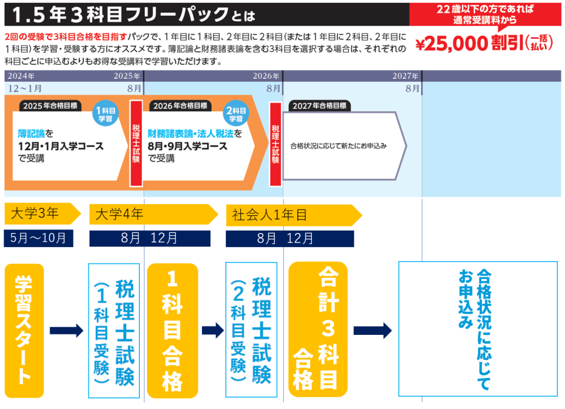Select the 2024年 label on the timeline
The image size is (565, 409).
click(x=21, y=77)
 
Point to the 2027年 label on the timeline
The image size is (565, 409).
click(x=406, y=77)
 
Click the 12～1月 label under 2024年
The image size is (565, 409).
click(x=25, y=88)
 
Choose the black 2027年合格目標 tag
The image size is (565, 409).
click(x=319, y=106)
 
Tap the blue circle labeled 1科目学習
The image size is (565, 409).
click(x=106, y=113)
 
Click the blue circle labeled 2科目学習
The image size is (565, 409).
click(x=236, y=113)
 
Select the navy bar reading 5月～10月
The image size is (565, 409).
click(x=38, y=238)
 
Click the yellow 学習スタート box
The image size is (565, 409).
click(x=24, y=330)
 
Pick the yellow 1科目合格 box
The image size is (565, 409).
click(x=172, y=331)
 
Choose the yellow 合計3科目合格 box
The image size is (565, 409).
click(x=319, y=330)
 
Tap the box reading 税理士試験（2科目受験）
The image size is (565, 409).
click(x=251, y=330)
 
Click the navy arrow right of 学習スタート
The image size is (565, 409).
click(x=66, y=330)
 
